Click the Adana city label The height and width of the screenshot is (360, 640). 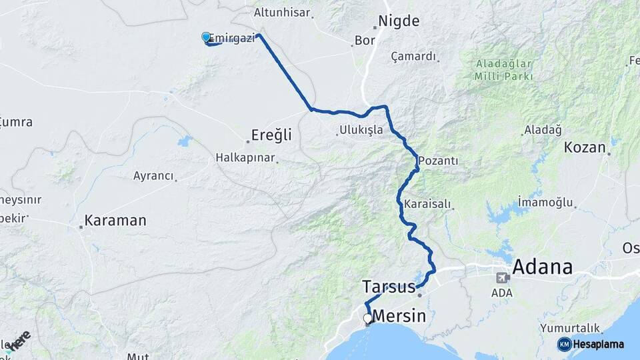pyautogui.click(x=542, y=267)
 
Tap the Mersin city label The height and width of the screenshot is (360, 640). pyautogui.click(x=399, y=316)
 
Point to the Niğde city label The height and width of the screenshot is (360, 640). pyautogui.click(x=399, y=21)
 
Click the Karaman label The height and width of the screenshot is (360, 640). pyautogui.click(x=115, y=221)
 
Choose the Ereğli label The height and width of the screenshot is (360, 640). pyautogui.click(x=271, y=135)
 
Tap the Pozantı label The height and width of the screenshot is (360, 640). pyautogui.click(x=438, y=161)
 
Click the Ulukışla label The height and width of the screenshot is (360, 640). pyautogui.click(x=361, y=130)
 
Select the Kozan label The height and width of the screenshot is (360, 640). pyautogui.click(x=585, y=147)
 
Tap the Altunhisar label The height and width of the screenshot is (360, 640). pyautogui.click(x=283, y=12)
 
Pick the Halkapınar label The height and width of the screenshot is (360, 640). pyautogui.click(x=245, y=158)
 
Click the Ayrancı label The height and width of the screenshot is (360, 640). pyautogui.click(x=153, y=176)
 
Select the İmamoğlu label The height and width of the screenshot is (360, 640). pyautogui.click(x=545, y=201)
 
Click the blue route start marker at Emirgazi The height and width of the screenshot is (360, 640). pyautogui.click(x=206, y=38)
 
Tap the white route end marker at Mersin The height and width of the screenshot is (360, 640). pyautogui.click(x=367, y=319)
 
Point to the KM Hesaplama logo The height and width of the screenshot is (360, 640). pyautogui.click(x=591, y=344)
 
